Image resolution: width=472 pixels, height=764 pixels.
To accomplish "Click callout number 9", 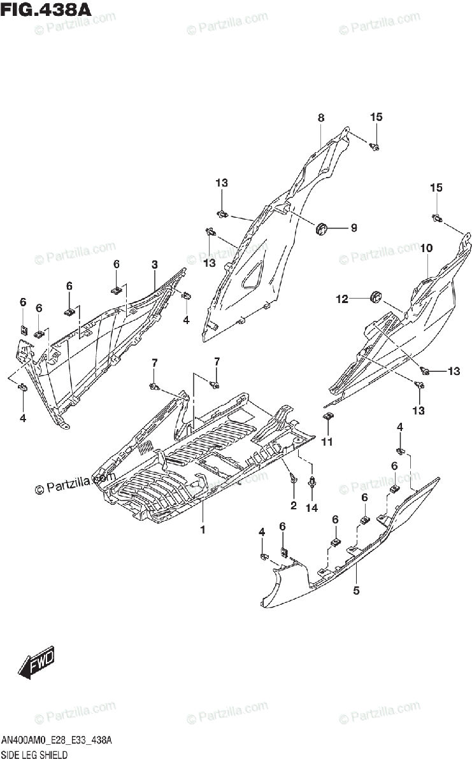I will pyautogui.click(x=354, y=228).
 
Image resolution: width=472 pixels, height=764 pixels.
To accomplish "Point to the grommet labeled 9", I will pyautogui.click(x=322, y=227).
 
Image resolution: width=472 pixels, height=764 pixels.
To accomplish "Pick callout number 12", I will pyautogui.click(x=342, y=298).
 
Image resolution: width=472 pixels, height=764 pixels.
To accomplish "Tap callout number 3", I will pyautogui.click(x=154, y=264).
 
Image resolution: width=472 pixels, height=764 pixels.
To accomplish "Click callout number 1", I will pyautogui.click(x=203, y=530).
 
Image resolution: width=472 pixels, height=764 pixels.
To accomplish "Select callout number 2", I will pyautogui.click(x=294, y=506).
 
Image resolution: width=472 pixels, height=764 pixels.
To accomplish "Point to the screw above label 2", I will pyautogui.click(x=293, y=477).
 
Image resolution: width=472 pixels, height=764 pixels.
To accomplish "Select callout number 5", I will pyautogui.click(x=356, y=590).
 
